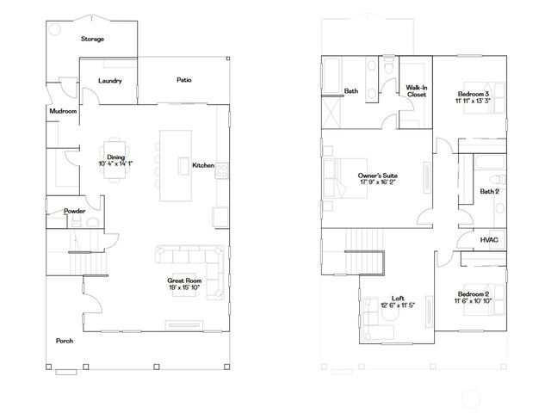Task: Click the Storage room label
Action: click(x=92, y=39)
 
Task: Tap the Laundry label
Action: click(x=109, y=81)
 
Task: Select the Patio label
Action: click(x=184, y=80)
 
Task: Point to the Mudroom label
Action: click(x=63, y=111)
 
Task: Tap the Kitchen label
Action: click(x=203, y=165)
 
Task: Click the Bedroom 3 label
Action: click(x=474, y=93)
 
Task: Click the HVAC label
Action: click(x=489, y=239)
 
